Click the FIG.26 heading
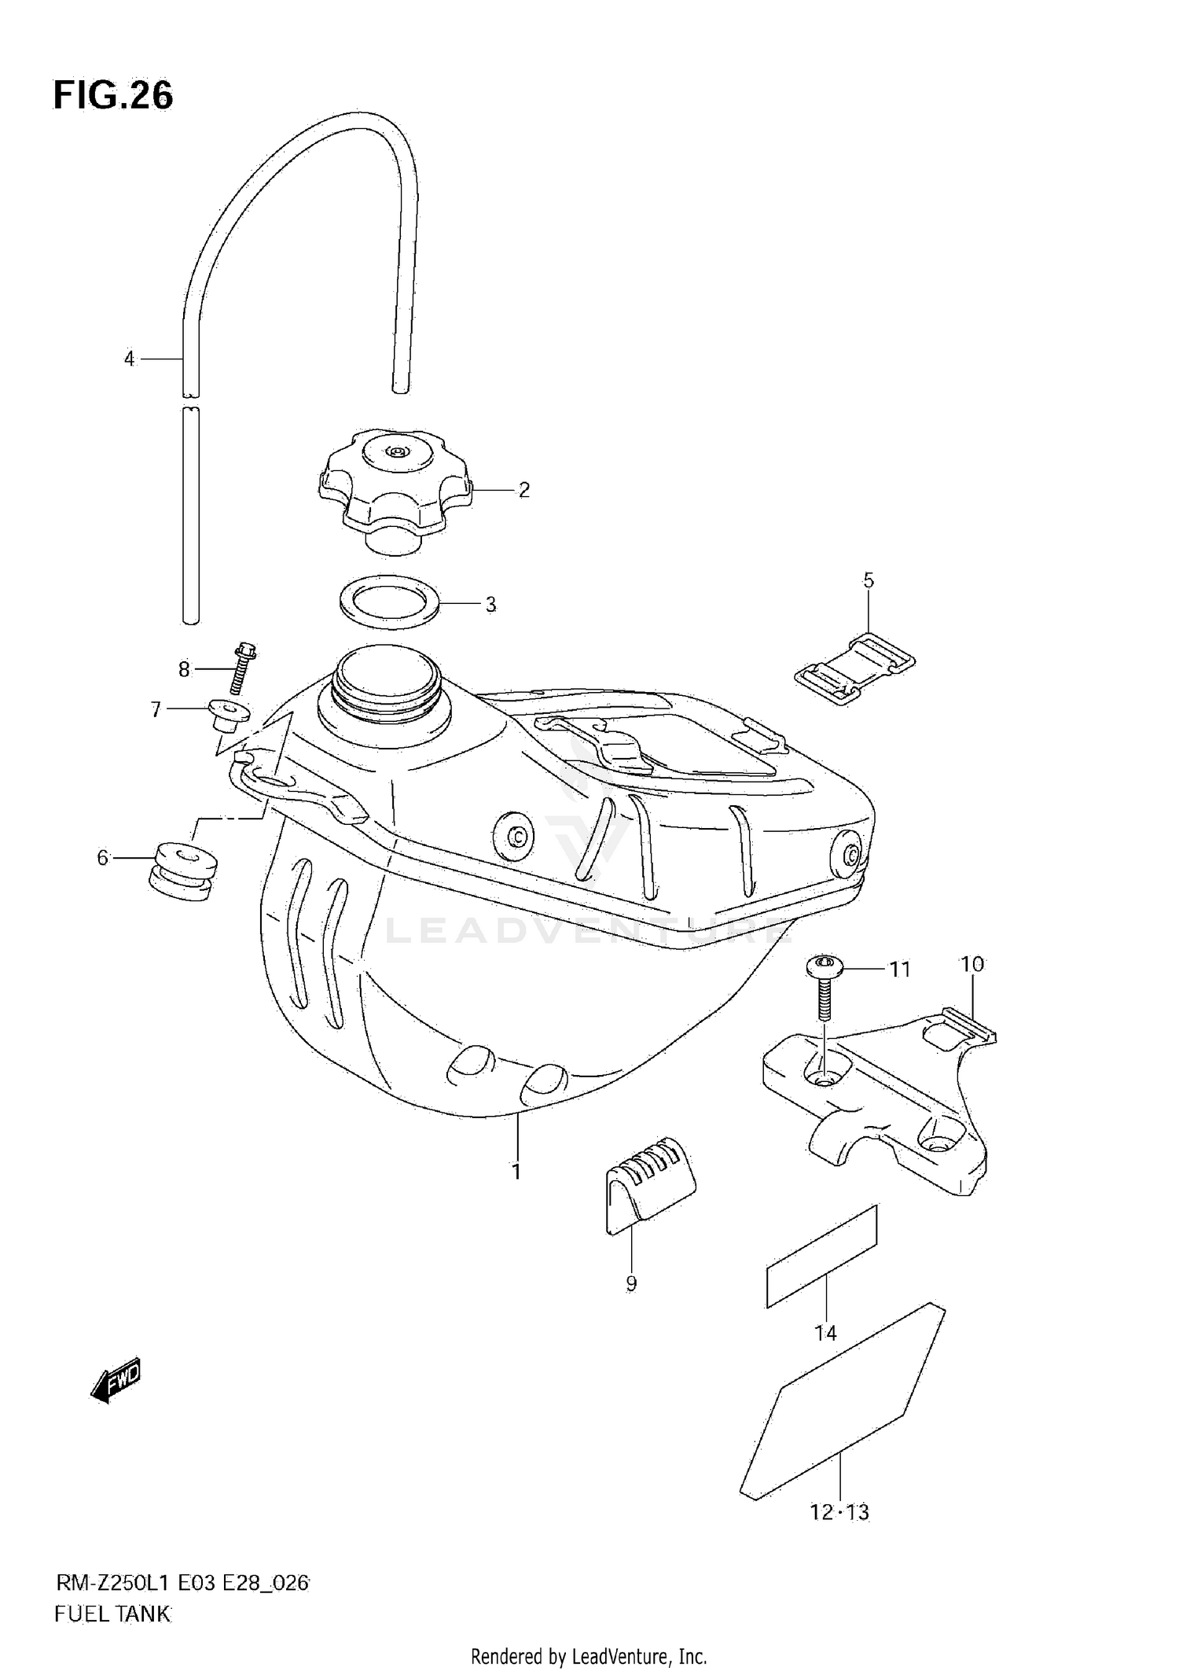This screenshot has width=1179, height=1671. tap(113, 95)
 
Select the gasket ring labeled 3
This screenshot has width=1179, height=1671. tap(389, 603)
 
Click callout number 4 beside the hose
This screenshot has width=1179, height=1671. tap(129, 359)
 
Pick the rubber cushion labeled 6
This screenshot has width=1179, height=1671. tap(182, 871)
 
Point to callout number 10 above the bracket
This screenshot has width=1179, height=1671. tap(971, 964)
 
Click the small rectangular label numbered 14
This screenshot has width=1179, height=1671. tap(821, 1257)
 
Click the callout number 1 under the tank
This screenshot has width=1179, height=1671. tap(516, 1194)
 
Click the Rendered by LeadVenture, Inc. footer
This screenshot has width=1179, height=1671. tap(589, 1656)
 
